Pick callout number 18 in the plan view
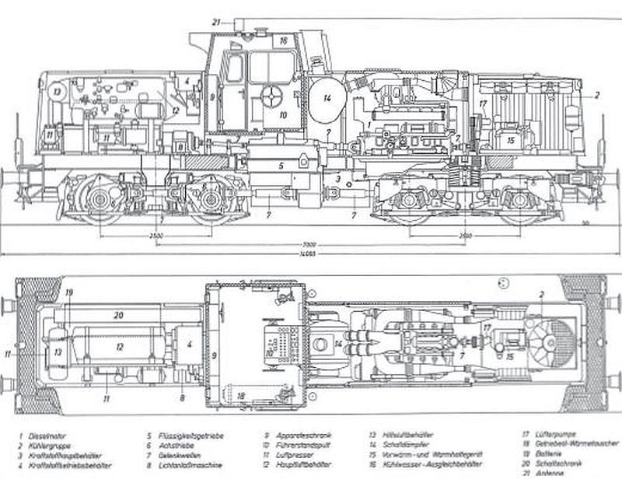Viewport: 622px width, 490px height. tap(242, 396)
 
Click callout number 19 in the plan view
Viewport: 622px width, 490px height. tap(69, 292)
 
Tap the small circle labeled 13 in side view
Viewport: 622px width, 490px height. tap(56, 91)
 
